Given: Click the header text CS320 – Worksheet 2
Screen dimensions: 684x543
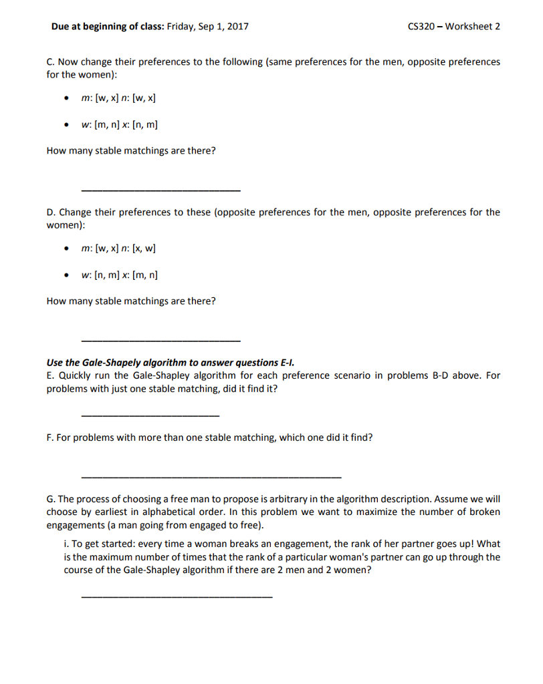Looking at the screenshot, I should [x=453, y=27].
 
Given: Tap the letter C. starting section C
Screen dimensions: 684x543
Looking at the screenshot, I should [x=51, y=62].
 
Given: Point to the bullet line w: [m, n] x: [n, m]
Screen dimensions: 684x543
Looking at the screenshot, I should [x=119, y=125].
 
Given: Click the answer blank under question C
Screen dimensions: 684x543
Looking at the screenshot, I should [x=160, y=191].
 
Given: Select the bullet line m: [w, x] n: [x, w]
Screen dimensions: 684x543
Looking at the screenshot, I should [x=118, y=249].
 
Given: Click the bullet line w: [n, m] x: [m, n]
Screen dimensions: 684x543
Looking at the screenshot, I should [x=119, y=275].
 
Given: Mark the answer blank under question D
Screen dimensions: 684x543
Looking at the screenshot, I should [x=160, y=341].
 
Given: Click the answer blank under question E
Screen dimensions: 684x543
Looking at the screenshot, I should [x=150, y=416].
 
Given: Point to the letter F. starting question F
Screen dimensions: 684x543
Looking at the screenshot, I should [x=50, y=438].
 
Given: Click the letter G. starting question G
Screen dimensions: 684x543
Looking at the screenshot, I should [x=51, y=500].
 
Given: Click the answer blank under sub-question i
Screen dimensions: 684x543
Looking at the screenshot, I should [x=176, y=596].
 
